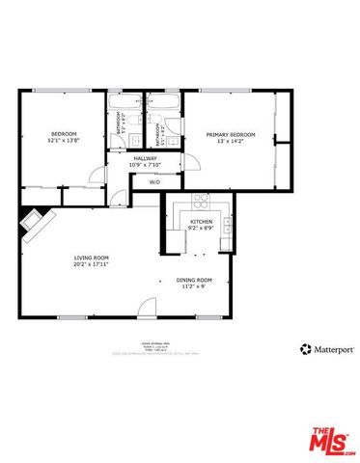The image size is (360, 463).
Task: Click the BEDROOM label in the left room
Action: (64, 133)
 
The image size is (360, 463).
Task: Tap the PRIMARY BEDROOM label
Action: (231, 134)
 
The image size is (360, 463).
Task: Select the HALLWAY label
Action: (145, 158)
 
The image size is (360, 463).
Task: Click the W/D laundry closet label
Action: (153, 181)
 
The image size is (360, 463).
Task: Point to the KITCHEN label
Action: (201, 222)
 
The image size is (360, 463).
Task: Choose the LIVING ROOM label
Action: (92, 258)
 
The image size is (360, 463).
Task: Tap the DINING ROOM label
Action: (194, 281)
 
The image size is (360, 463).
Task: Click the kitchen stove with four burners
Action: (202, 202)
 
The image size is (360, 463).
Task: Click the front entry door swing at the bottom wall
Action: (146, 308)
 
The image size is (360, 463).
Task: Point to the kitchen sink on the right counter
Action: (227, 225)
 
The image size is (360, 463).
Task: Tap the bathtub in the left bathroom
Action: (125, 101)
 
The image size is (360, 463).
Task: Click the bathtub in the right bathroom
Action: (162, 101)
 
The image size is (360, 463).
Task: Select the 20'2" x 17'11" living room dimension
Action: (92, 264)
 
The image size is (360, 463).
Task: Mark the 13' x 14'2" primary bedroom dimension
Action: (231, 141)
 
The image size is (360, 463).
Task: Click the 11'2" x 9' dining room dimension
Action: (194, 287)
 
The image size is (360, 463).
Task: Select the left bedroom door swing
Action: (96, 175)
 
